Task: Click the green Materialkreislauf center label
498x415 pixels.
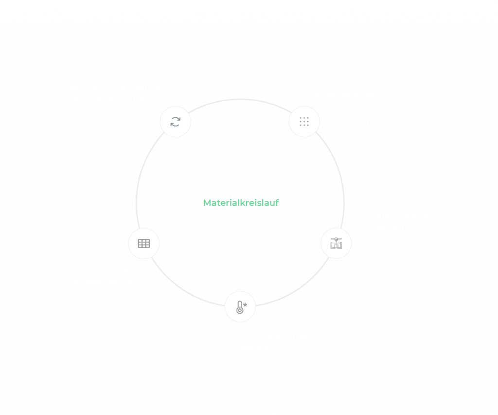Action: click(241, 203)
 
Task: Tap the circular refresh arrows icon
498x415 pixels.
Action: click(176, 122)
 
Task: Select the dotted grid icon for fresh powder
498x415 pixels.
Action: click(304, 122)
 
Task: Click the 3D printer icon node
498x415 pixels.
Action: click(336, 243)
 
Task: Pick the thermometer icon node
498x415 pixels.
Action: click(240, 307)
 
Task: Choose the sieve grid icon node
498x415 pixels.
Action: click(144, 243)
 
